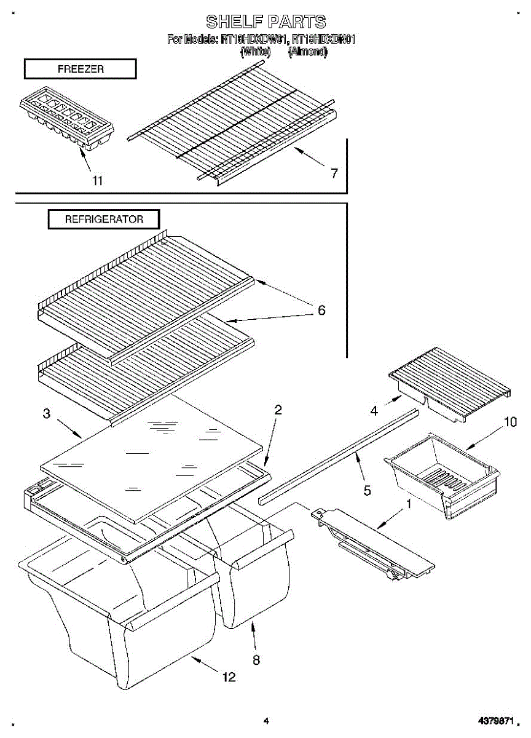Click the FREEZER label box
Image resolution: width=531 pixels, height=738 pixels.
point(80,69)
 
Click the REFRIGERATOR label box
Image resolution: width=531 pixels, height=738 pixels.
point(104,219)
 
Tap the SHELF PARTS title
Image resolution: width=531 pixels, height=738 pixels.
point(265,22)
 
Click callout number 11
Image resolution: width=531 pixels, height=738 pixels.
point(97,180)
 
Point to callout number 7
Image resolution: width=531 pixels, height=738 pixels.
point(334,173)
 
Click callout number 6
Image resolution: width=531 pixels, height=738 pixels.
point(321,311)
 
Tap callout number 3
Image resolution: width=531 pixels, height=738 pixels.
point(47,414)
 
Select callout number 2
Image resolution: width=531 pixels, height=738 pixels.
point(278,410)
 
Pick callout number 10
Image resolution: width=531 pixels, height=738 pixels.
point(510,422)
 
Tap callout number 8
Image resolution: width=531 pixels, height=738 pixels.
point(256,660)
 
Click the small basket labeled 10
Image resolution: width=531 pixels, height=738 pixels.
point(441,470)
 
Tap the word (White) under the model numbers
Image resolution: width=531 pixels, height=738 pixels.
point(255,52)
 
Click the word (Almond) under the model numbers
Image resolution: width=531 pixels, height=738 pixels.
point(307,52)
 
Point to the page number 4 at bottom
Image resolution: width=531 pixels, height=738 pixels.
point(265,721)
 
